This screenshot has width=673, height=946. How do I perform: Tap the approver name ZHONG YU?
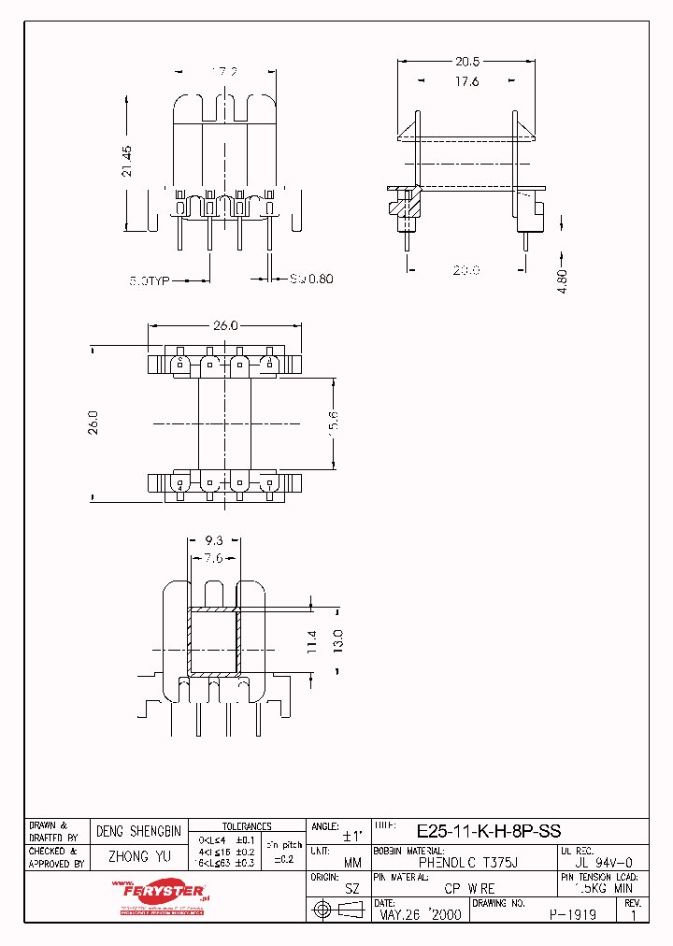click(x=138, y=856)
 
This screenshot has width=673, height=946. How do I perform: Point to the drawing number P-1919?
click(x=571, y=915)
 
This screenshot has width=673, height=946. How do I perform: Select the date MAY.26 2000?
click(x=420, y=915)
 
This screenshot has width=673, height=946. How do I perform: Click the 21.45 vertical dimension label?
click(x=127, y=161)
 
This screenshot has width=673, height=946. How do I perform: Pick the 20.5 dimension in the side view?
click(x=467, y=62)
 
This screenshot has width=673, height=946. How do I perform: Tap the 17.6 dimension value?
click(x=467, y=81)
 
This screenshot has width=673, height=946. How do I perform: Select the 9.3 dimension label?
click(x=212, y=540)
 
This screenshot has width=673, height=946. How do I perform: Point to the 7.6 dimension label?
click(x=212, y=559)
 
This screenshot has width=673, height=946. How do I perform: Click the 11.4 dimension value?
click(x=312, y=641)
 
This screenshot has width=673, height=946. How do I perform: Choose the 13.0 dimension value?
click(x=336, y=641)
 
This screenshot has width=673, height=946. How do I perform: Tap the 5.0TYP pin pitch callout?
click(x=150, y=279)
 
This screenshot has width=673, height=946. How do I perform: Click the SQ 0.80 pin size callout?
click(x=311, y=279)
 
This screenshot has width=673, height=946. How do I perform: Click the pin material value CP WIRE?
click(x=469, y=889)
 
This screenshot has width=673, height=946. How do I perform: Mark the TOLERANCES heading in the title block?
click(x=247, y=826)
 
